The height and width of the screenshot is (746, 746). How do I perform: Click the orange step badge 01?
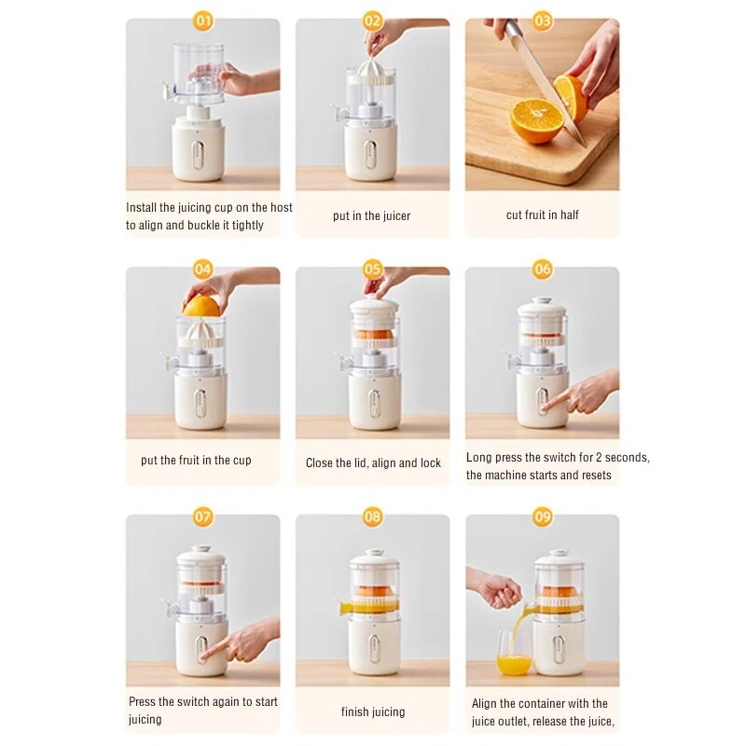(203, 21)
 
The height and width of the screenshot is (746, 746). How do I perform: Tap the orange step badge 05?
(372, 269)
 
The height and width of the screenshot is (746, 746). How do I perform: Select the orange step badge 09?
(543, 518)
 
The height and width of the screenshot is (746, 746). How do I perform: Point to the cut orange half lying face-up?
(537, 120)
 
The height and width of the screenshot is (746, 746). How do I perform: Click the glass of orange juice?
(514, 653)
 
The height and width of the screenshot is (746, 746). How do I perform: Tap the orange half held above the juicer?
(201, 306)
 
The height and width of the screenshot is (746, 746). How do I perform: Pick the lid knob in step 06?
(542, 300)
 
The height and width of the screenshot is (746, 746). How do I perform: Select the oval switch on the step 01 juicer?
(198, 154)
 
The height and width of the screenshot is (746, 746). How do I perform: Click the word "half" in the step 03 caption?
(570, 215)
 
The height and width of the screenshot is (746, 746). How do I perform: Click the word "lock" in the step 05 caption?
(430, 463)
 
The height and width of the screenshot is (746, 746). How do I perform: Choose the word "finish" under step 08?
(353, 711)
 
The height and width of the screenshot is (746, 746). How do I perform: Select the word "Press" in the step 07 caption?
(142, 702)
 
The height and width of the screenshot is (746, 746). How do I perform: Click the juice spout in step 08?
(345, 608)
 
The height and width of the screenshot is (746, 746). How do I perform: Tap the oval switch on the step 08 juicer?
(375, 648)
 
